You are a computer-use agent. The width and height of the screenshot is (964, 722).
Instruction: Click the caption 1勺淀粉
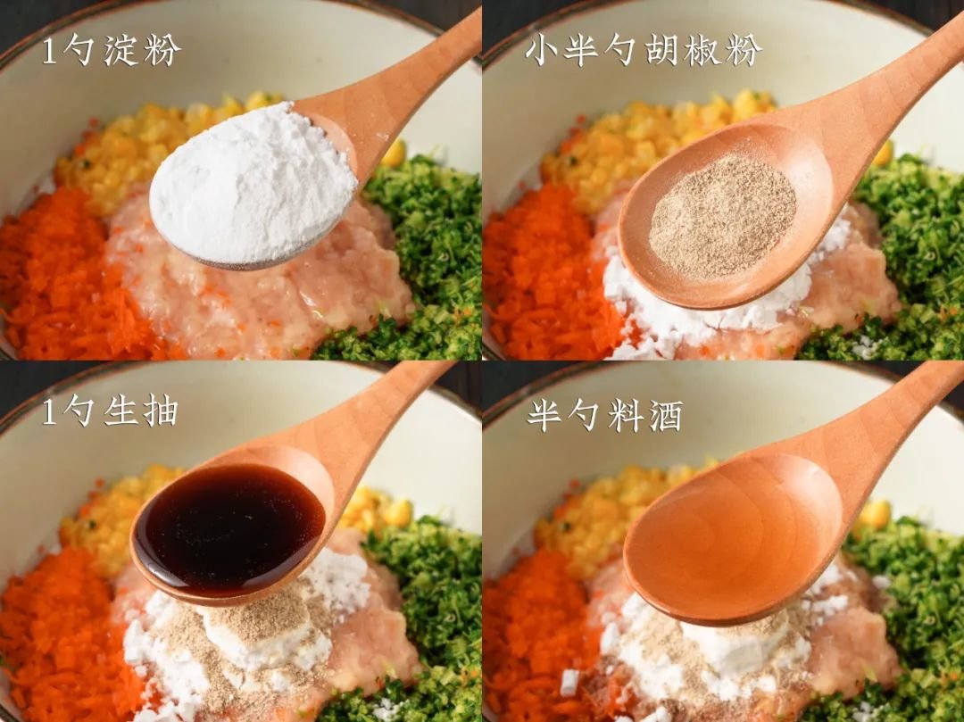pos(112,50)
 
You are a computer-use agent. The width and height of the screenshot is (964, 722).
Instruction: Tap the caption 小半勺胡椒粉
pos(644,49)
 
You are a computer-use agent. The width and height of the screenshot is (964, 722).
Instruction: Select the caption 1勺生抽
pos(110,411)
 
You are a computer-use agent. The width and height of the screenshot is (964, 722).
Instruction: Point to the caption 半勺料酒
pos(605,416)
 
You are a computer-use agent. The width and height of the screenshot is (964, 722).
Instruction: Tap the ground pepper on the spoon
pos(722,216)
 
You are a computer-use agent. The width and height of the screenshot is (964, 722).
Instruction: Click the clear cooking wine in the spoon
pos(732,534)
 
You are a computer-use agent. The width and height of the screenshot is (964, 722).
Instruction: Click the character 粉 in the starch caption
pos(163,50)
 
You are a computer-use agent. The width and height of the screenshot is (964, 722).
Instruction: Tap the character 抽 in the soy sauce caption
pos(161,411)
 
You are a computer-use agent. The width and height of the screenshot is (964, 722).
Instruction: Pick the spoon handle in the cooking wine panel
pos(892,430)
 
